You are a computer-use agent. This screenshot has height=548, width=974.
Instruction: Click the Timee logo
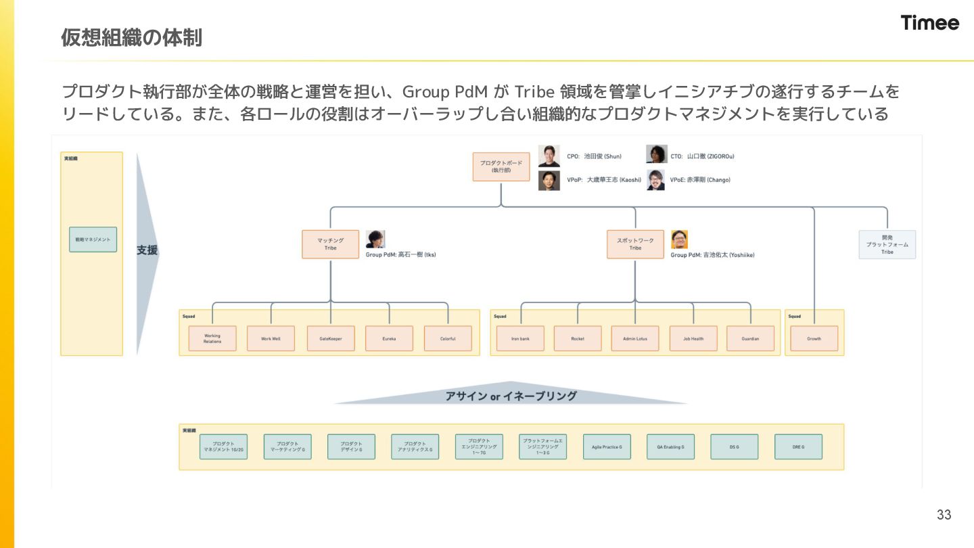click(929, 23)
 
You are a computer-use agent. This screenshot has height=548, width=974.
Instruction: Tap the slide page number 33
click(944, 515)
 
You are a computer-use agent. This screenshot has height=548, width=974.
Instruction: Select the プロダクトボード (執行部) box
click(501, 166)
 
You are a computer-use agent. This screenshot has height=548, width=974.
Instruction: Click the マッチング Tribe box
click(330, 244)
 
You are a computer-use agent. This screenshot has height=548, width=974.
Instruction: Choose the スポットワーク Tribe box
click(635, 244)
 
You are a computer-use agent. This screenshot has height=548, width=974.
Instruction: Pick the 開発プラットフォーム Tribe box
click(887, 245)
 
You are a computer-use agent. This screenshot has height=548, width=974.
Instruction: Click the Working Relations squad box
click(212, 338)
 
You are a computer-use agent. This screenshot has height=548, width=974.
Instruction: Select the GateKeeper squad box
click(331, 338)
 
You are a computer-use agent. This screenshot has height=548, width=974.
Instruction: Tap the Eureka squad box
click(389, 338)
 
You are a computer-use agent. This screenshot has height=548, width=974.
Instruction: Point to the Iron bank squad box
click(521, 338)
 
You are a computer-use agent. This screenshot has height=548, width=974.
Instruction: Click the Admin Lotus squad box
click(635, 338)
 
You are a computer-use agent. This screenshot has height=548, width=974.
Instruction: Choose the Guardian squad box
click(750, 338)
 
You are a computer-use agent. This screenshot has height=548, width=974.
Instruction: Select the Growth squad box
click(814, 338)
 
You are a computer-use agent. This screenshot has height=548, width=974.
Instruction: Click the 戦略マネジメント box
click(93, 239)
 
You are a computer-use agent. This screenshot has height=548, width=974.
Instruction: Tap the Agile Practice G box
click(607, 447)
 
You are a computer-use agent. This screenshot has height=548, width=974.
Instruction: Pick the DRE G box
click(798, 447)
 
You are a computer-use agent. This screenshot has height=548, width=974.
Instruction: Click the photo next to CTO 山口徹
click(656, 155)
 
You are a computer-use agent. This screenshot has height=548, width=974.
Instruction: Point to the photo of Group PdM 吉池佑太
click(679, 239)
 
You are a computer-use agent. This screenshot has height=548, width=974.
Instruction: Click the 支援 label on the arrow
click(147, 250)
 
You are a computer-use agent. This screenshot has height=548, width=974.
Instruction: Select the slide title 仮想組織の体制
click(131, 38)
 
